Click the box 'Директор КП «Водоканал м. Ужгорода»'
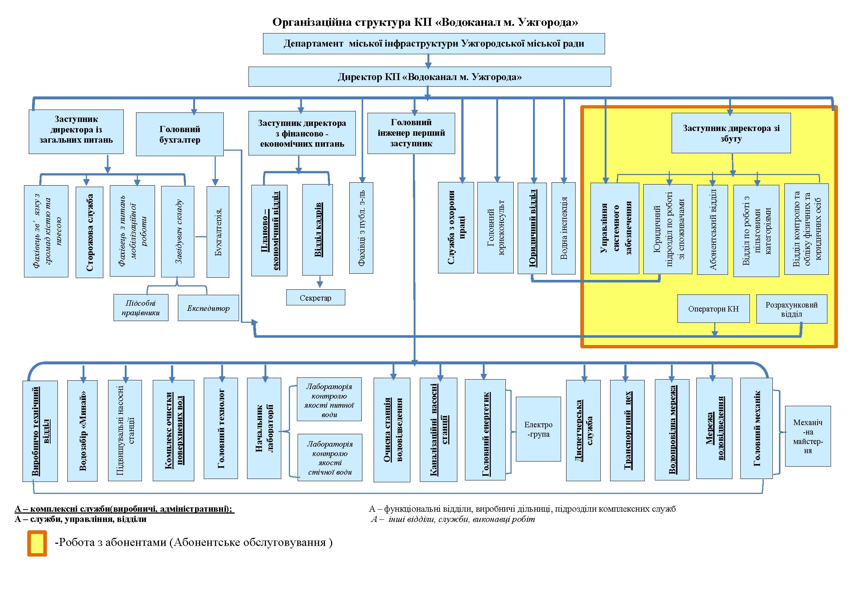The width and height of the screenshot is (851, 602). (429, 77)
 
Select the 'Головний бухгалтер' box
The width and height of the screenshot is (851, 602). (180, 134)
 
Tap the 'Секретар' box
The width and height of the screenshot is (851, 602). (315, 298)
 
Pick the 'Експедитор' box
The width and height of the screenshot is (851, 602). (208, 308)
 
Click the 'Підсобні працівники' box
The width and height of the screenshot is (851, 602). (140, 308)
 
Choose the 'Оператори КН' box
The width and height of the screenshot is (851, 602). (713, 309)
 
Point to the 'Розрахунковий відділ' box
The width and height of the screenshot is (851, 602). (791, 309)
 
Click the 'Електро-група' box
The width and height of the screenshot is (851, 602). (538, 429)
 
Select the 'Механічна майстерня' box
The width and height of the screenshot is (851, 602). (808, 436)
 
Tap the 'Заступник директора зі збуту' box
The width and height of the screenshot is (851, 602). (731, 133)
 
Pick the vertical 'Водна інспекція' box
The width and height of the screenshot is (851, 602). (563, 228)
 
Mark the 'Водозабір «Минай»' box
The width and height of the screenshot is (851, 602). (82, 431)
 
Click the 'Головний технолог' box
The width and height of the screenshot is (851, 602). (220, 428)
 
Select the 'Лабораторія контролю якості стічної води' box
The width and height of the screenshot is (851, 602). (330, 458)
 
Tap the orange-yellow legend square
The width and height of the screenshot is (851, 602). (37, 543)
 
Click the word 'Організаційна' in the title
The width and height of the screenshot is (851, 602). (312, 22)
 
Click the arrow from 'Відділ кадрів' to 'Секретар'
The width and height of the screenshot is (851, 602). (319, 282)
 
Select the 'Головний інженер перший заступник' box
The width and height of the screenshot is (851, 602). (411, 133)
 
